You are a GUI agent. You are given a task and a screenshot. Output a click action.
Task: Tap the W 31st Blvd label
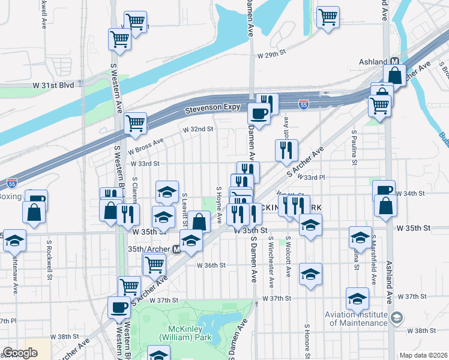53,85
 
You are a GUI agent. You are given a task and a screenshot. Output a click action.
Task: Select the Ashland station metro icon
395,62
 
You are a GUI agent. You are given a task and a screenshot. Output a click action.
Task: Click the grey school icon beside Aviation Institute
396,317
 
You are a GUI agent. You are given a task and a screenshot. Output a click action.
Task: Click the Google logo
20,353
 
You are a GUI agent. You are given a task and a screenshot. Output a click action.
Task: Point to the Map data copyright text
423,355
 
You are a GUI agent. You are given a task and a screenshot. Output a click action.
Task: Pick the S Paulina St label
355,147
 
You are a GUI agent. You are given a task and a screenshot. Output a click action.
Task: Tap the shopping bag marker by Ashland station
396,76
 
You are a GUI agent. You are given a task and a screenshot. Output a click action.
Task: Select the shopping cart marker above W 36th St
155,263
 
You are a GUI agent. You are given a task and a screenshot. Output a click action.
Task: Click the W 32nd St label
198,129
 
